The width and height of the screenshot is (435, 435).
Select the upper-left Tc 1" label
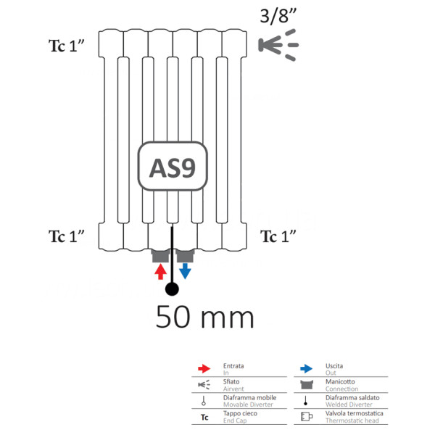[x=67, y=46]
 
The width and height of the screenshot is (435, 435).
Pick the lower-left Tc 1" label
[x=67, y=236]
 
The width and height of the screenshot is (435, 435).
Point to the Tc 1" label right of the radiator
[x=279, y=236]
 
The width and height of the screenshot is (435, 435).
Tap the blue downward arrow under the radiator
[x=185, y=271]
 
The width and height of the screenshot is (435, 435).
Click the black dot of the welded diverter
[x=172, y=289]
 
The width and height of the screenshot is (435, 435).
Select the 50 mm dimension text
[x=205, y=317]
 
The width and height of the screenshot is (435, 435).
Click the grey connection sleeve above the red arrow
[x=159, y=255]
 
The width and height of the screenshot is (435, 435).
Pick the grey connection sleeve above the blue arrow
[x=186, y=255]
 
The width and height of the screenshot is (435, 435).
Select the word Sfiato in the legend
[x=232, y=381]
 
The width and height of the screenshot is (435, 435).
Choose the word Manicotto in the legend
[x=339, y=381]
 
